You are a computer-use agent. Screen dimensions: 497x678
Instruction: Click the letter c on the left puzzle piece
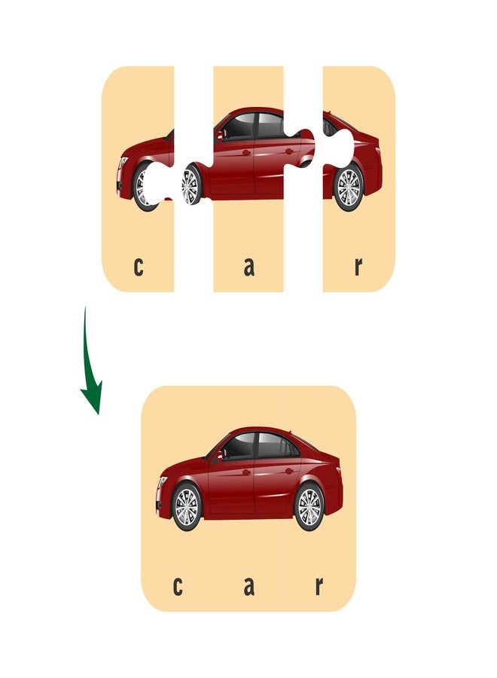138,267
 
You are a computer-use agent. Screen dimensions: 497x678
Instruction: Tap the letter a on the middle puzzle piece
248,267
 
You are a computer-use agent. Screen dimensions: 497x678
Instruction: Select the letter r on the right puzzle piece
358,267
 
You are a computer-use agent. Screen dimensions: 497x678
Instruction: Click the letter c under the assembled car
177,586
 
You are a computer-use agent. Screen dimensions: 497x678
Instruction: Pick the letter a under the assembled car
248,586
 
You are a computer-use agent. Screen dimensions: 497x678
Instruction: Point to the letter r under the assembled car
319,586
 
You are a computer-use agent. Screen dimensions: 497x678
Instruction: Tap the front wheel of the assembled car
187,507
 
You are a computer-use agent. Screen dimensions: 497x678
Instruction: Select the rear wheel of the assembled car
309,507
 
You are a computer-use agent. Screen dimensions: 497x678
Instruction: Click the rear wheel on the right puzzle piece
349,188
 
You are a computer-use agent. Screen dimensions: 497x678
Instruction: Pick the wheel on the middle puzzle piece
191,185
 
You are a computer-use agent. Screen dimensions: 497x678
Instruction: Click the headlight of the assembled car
163,482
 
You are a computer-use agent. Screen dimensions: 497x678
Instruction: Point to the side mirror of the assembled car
220,455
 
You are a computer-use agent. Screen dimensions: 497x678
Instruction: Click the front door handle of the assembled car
246,472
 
